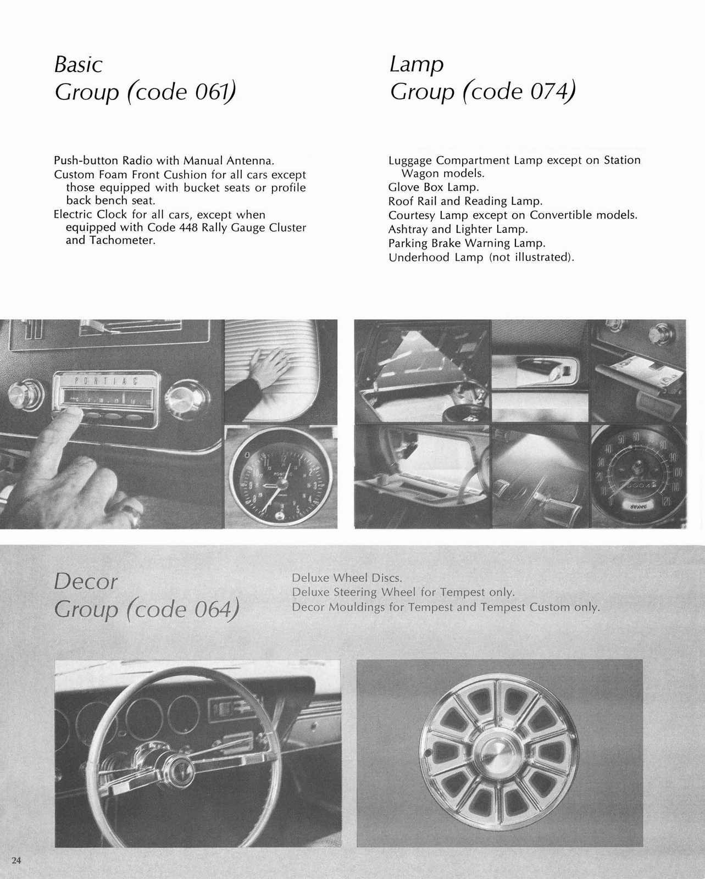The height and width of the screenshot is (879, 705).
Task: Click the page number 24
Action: point(16,860)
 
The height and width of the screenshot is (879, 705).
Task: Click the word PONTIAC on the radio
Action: point(104,381)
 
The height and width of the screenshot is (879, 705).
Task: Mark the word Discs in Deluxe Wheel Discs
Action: point(388,578)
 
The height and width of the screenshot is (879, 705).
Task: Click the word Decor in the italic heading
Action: point(86,582)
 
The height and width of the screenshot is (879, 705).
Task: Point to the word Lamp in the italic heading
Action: point(417,65)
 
